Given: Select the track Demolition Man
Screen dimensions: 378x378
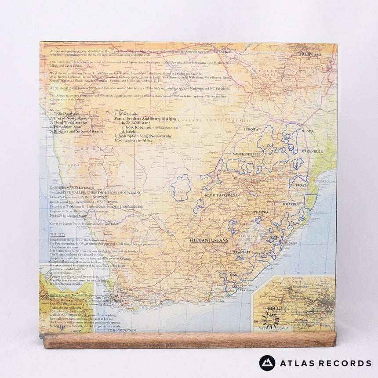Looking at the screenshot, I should click(66, 126).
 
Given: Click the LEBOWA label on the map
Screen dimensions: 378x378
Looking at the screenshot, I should click(251, 130).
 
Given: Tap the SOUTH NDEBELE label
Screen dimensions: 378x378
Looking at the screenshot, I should click(247, 154).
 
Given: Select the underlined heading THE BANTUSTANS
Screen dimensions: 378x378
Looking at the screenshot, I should click(207, 241).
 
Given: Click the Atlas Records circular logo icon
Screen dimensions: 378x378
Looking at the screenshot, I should click(267, 363).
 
